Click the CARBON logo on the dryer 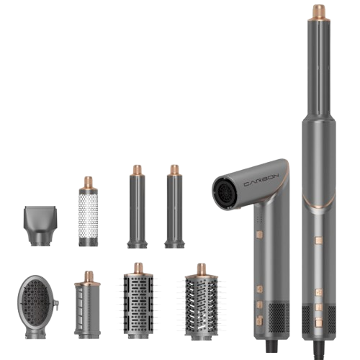(261, 180)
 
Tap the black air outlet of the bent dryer (225, 192)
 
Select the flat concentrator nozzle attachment (40, 225)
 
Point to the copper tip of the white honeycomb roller (88, 183)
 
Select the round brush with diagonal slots (202, 304)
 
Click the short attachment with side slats (87, 305)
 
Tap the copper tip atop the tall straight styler (319, 12)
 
